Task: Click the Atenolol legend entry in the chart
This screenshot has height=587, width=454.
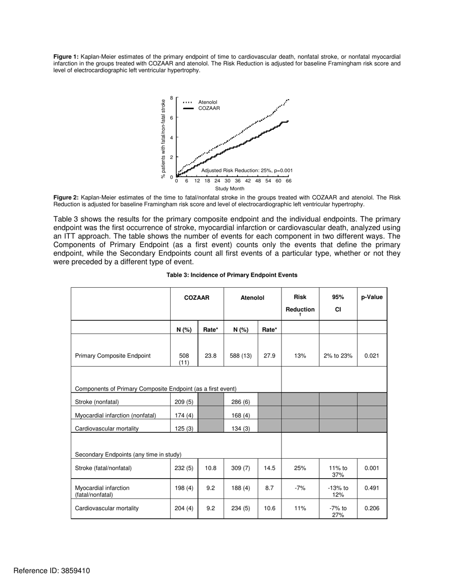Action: click(x=207, y=102)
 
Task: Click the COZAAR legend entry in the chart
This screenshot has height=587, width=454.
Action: click(x=209, y=108)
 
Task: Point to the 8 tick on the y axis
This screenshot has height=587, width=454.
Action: click(x=172, y=98)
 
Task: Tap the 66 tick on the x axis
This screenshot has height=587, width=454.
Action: click(x=289, y=181)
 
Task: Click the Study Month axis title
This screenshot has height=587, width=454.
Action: click(x=229, y=189)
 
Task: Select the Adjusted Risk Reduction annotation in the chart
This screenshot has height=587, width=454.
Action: click(x=247, y=170)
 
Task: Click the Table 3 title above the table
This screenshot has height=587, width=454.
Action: click(x=232, y=275)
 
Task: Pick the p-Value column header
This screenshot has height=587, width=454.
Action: click(x=372, y=297)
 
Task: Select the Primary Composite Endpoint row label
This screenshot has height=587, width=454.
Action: click(x=113, y=356)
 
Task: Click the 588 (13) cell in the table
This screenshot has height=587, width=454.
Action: click(x=240, y=356)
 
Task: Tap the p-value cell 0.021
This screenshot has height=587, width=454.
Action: click(x=372, y=356)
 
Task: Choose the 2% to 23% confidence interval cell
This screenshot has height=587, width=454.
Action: click(x=338, y=356)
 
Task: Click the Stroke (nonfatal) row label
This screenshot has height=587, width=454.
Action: click(x=97, y=402)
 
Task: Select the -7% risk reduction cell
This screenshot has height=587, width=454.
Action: click(x=300, y=488)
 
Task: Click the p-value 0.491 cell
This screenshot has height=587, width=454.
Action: click(x=372, y=488)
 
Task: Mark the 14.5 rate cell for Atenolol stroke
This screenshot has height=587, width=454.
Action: click(x=270, y=468)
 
